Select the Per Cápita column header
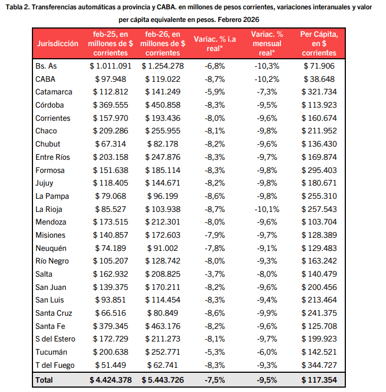[319, 43]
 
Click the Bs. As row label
[46, 66]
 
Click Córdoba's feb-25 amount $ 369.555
[111, 105]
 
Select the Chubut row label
[48, 144]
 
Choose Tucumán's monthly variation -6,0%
[267, 352]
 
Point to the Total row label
[45, 380]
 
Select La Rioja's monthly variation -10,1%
[267, 209]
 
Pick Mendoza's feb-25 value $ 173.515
[111, 222]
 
